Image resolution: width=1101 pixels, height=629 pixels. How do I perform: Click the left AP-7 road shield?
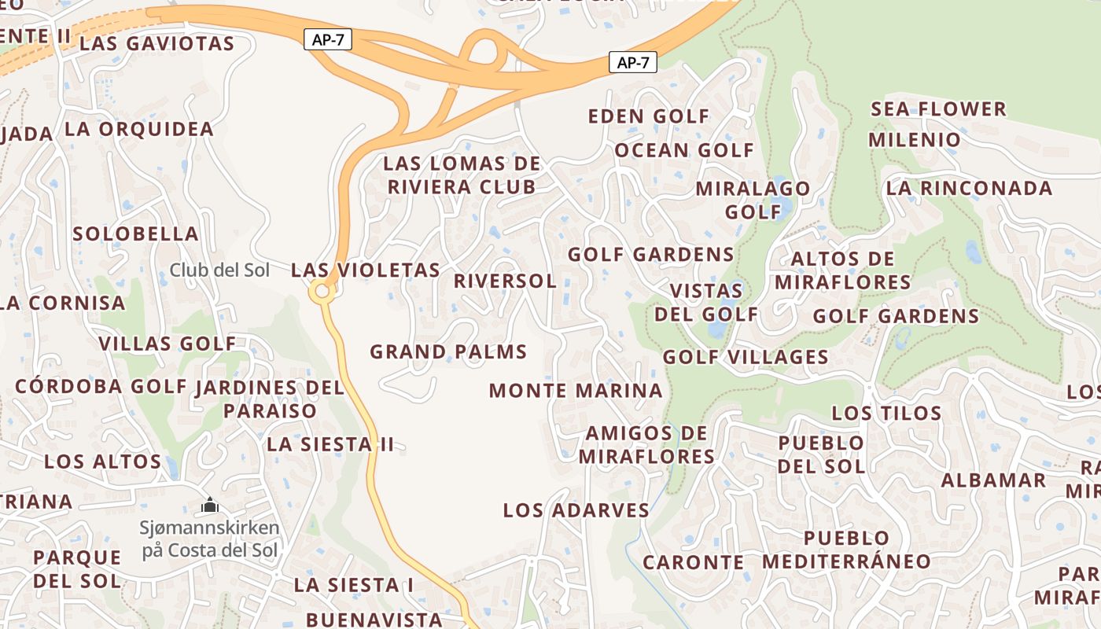[327, 39]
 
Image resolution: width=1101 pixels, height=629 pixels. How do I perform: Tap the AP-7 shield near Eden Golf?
[632, 63]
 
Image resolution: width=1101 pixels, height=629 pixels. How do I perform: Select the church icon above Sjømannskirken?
[209, 505]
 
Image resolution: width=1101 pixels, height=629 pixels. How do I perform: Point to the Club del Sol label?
[219, 270]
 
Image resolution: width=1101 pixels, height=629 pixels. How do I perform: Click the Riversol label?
[505, 281]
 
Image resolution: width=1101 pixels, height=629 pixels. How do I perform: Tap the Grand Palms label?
[448, 351]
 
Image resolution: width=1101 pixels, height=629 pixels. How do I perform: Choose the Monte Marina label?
[576, 390]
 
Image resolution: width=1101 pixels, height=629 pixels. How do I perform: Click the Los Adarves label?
[576, 510]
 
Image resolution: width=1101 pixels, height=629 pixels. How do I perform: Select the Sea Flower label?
[938, 109]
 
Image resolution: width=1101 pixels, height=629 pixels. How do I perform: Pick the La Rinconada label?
[969, 189]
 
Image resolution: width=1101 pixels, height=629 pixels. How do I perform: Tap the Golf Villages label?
[746, 357]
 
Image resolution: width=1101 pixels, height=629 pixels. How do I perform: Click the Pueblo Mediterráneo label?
[846, 550]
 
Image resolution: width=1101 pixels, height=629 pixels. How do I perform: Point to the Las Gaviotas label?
[157, 43]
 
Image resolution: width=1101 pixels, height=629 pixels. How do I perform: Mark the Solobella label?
[136, 234]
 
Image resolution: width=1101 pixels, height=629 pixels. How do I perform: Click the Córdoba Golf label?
[101, 386]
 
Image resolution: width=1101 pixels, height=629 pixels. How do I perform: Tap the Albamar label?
[994, 480]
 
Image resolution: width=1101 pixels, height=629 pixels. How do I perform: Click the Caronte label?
[694, 562]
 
